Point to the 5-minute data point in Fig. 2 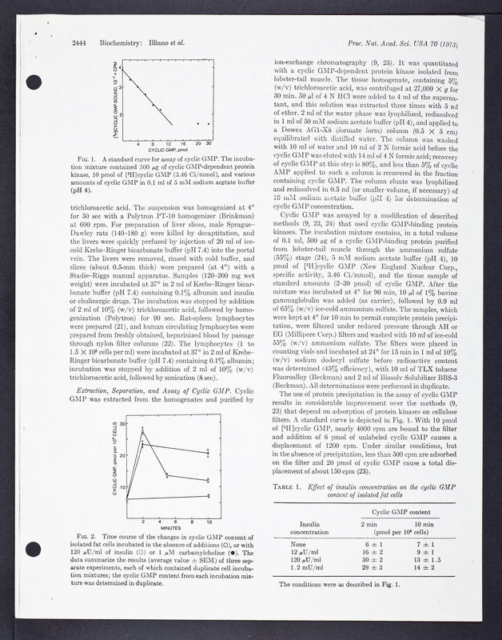point(167,476)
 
